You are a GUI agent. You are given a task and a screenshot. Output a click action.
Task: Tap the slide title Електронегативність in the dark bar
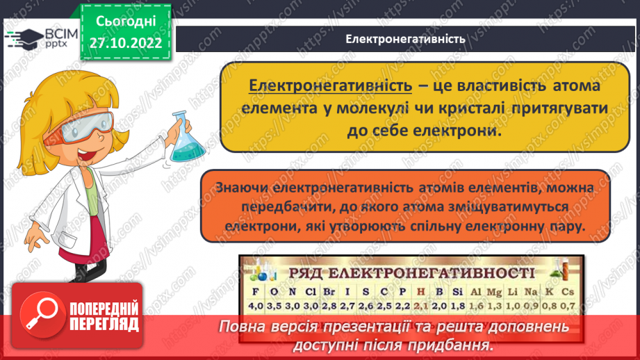pyautogui.click(x=405, y=38)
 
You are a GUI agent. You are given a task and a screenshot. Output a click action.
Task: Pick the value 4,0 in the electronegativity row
pyautogui.click(x=256, y=305)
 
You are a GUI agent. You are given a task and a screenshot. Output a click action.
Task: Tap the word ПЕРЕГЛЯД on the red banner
pyautogui.click(x=103, y=324)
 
